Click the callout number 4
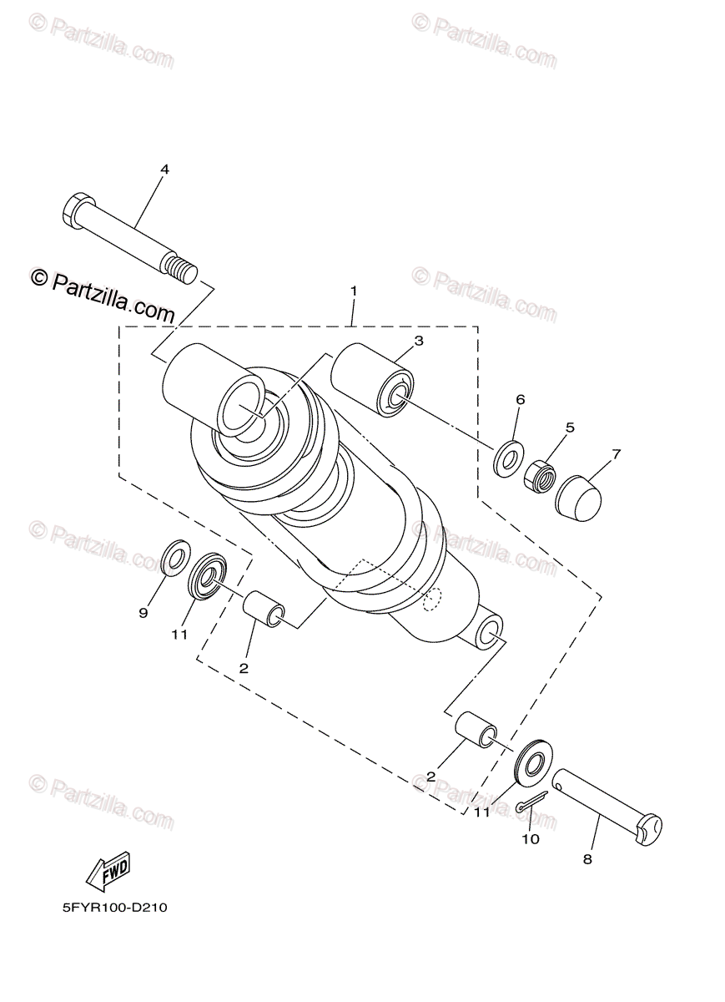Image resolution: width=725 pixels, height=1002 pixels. [x=165, y=170]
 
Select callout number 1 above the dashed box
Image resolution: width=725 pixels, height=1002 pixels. [x=354, y=291]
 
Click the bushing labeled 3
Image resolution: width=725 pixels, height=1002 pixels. [x=372, y=380]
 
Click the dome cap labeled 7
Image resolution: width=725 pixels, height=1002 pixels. [x=578, y=500]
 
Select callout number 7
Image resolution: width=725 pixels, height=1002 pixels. [x=617, y=454]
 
